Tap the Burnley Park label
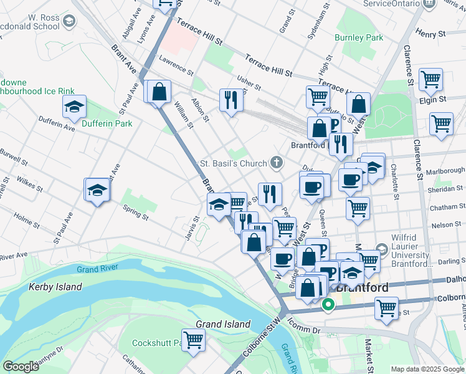(x=359, y=37)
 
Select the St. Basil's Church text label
(x=232, y=164)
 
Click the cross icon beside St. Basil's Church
(x=276, y=163)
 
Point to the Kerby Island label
(x=55, y=287)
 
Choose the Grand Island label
(x=223, y=324)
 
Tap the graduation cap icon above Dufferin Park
(x=74, y=107)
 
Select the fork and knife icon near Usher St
(x=231, y=100)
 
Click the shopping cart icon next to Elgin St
(x=430, y=79)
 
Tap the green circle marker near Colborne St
(x=328, y=305)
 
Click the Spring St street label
(x=135, y=213)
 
